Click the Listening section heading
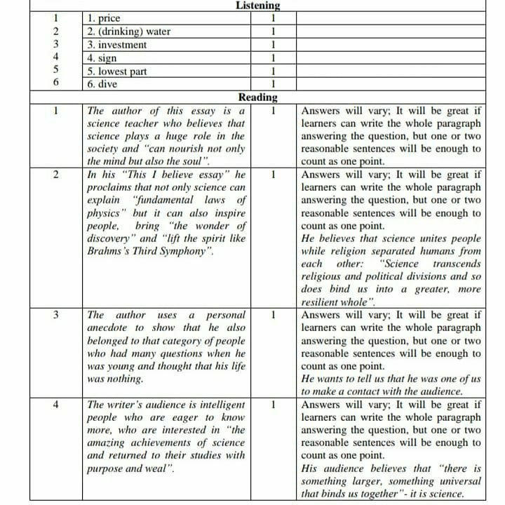(257, 6)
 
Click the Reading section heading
(257, 97)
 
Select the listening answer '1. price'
(102, 19)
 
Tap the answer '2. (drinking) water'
(128, 32)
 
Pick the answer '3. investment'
(116, 45)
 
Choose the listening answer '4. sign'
(102, 58)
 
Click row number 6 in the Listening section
(55, 84)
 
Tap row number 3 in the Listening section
(55, 45)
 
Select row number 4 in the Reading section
(55, 405)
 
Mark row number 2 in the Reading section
(55, 175)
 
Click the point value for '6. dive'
(271, 84)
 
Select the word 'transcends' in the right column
(457, 264)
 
